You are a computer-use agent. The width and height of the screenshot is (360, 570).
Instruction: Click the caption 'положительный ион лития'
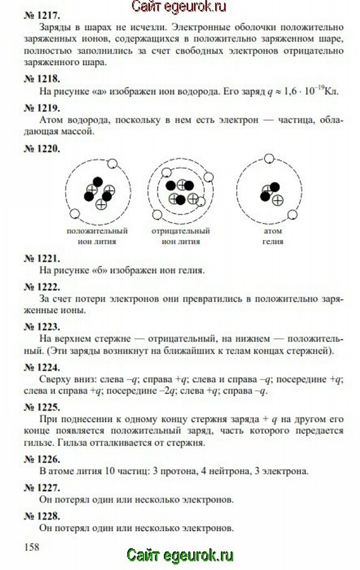tap(97, 236)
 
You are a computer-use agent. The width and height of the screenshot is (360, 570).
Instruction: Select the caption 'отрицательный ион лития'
tap(181, 236)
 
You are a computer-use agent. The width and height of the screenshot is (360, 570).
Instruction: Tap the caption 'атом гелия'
tap(272, 236)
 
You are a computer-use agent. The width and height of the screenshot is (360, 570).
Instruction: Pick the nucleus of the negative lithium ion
tap(181, 191)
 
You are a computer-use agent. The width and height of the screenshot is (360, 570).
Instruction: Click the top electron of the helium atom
tap(269, 159)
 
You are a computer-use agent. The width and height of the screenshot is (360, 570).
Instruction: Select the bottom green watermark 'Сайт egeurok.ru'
tap(180, 555)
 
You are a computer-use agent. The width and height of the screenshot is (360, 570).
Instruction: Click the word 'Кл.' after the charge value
tap(331, 91)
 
